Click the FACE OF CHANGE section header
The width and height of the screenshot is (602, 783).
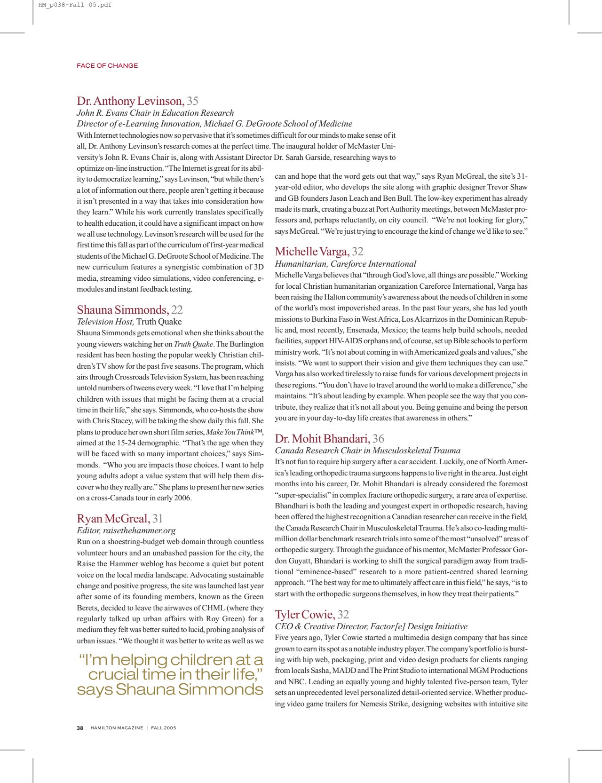click(107, 66)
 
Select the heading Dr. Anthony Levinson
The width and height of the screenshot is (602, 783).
click(131, 101)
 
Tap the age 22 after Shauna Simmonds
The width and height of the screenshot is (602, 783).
click(177, 310)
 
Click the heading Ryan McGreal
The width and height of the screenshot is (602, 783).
click(113, 519)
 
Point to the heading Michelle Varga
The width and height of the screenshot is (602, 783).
click(312, 252)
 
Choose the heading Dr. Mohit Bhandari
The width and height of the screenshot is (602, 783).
click(323, 439)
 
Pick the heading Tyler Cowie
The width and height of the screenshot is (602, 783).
click(305, 615)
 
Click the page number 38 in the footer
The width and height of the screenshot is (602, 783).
click(80, 728)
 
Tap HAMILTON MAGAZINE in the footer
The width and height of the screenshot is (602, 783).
click(117, 728)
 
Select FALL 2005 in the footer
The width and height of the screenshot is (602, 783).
click(164, 728)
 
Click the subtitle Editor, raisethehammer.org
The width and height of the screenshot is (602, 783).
click(126, 530)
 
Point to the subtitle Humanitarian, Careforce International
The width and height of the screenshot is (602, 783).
click(345, 264)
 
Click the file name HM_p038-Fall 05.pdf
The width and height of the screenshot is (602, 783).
click(75, 5)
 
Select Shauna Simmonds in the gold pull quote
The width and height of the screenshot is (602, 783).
click(190, 689)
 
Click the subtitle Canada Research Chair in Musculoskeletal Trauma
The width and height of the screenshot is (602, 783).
click(367, 451)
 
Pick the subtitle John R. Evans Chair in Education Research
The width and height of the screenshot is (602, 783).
click(155, 113)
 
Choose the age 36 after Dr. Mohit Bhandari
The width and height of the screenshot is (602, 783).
click(378, 439)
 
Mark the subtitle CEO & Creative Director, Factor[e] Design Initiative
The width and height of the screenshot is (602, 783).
click(371, 626)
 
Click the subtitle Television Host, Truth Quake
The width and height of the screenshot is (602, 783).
click(129, 322)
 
